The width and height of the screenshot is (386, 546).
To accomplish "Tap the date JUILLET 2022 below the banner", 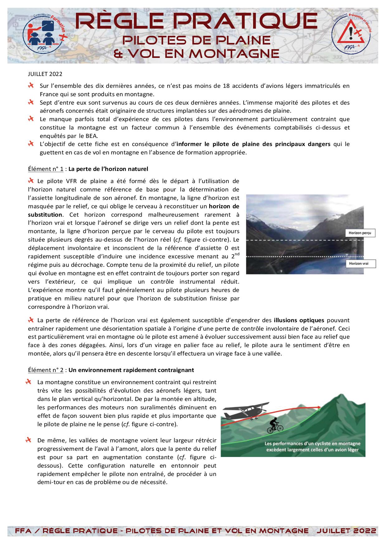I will pos(45,74).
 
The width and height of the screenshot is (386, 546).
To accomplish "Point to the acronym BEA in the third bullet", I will pos(92,136).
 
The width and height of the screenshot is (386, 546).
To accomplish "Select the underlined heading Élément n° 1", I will pos(46,169).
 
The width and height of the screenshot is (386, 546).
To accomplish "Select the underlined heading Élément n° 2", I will pos(46,370).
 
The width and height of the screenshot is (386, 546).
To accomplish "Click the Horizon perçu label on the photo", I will pos(360,233).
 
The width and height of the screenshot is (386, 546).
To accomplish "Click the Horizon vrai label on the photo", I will pos(360,264).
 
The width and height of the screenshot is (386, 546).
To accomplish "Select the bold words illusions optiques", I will pos(299,320).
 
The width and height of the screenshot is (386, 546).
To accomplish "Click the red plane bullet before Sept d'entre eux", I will pos(31,102).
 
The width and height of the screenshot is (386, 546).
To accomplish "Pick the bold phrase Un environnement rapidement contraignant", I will pos(131,370).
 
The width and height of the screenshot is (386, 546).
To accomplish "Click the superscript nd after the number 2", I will pos(237,254).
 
